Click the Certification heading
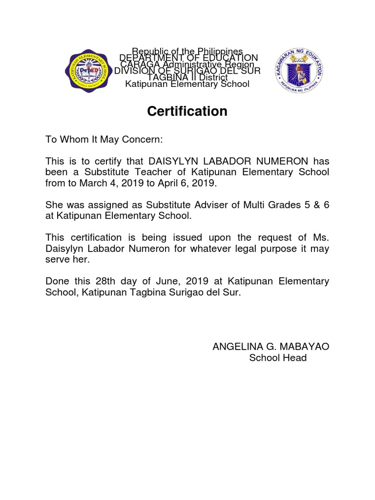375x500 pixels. click(187, 111)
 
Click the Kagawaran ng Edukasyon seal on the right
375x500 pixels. click(297, 70)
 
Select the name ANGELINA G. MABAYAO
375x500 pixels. click(271, 347)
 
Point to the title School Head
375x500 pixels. click(278, 358)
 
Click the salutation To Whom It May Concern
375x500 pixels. click(103, 140)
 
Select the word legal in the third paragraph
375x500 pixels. click(247, 249)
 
